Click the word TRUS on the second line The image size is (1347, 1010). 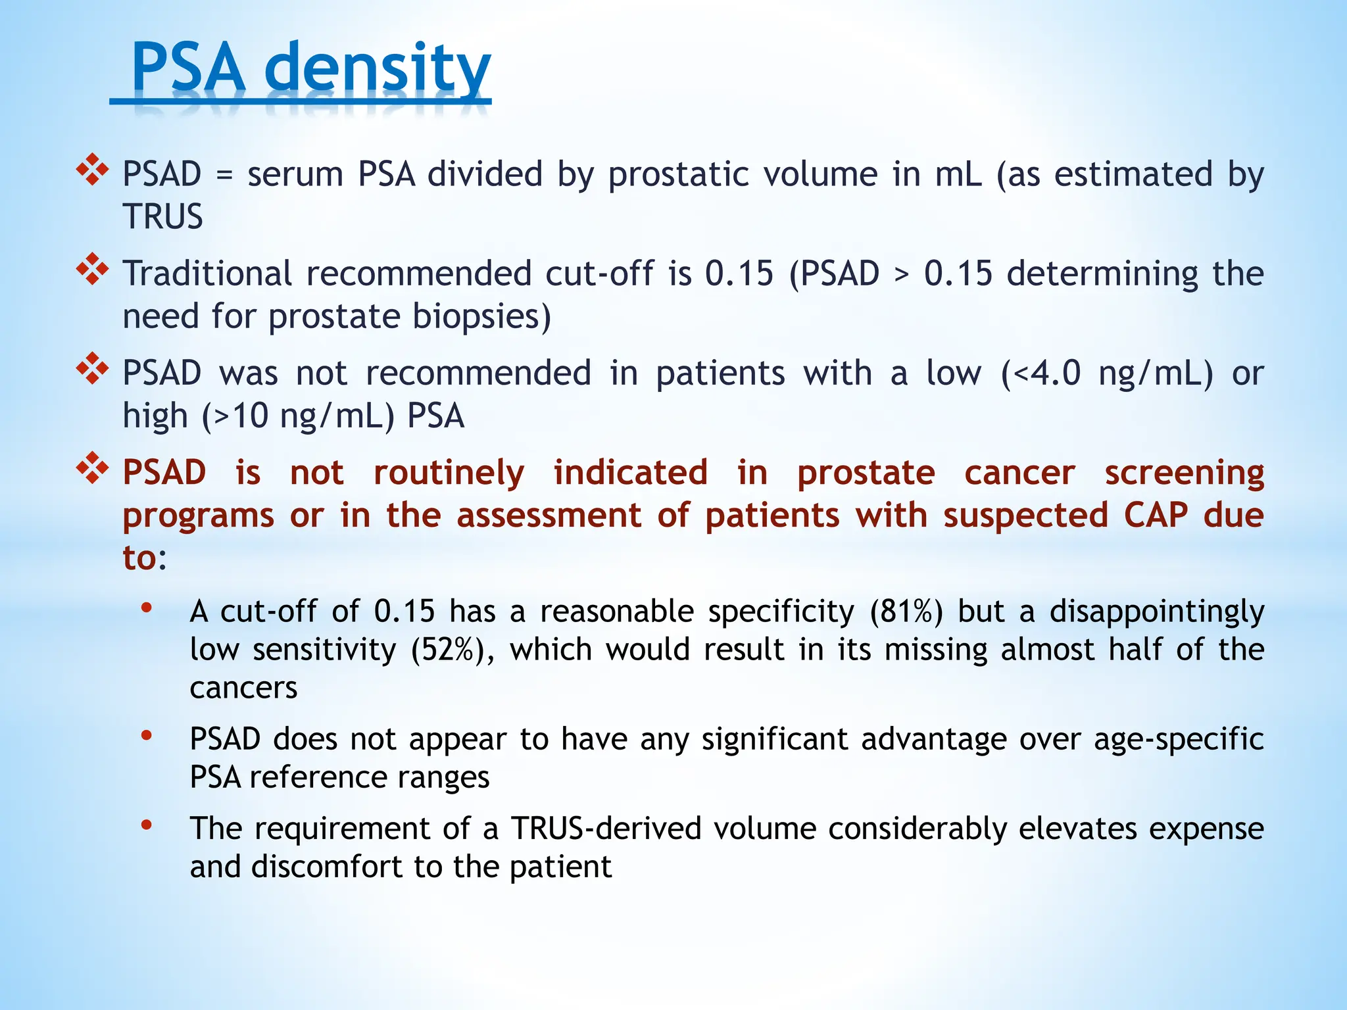tap(162, 217)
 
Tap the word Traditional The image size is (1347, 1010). tap(207, 274)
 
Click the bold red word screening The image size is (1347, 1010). tap(1184, 473)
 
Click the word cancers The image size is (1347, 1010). tap(243, 688)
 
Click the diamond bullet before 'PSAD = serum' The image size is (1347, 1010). tap(92, 170)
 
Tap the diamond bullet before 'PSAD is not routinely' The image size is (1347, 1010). tap(92, 468)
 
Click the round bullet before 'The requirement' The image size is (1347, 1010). tap(147, 824)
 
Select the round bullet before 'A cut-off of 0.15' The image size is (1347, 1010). tap(147, 608)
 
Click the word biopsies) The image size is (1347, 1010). tap(481, 317)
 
